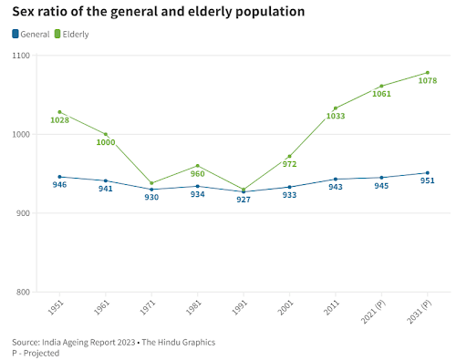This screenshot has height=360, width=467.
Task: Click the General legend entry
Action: [x=31, y=34]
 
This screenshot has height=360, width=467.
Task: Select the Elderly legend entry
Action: [x=72, y=34]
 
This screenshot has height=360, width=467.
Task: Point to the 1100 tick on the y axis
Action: [x=21, y=56]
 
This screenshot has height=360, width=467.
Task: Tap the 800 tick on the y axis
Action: [x=23, y=292]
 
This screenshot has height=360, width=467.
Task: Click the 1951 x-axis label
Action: [x=56, y=307]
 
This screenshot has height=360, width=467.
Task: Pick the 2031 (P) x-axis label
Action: [x=420, y=312]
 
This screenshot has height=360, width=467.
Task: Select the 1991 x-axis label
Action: [x=240, y=307]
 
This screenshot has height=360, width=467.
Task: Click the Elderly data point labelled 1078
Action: [x=428, y=73]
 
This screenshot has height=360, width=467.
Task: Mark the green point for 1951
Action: [x=59, y=112]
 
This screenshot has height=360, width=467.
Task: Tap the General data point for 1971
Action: [x=151, y=190]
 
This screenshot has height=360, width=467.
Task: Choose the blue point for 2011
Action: [x=336, y=180]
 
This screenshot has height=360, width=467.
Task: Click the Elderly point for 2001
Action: [x=289, y=157]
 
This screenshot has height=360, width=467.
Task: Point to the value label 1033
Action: [x=336, y=116]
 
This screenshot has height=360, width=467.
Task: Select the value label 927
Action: [x=244, y=200]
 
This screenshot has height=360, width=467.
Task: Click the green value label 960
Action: [x=198, y=174]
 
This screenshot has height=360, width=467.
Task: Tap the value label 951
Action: [x=428, y=180]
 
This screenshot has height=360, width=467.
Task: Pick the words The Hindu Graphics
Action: [x=179, y=343]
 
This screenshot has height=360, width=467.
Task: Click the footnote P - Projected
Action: [x=36, y=354]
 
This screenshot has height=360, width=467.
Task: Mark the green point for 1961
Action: [x=106, y=134]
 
